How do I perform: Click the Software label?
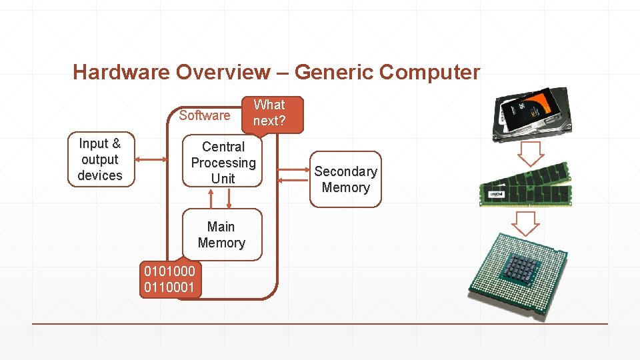(204, 115)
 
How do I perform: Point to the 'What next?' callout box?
(269, 113)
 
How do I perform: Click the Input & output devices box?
(100, 160)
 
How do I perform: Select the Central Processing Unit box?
(223, 163)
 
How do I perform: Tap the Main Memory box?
(221, 235)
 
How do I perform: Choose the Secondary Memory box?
(345, 179)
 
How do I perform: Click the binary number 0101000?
(170, 272)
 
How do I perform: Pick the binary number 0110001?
(170, 288)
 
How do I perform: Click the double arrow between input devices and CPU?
(151, 160)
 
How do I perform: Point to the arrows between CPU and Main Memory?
(221, 198)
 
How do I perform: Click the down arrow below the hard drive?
(531, 154)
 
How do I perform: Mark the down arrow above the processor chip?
(527, 223)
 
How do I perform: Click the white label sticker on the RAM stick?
(496, 195)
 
